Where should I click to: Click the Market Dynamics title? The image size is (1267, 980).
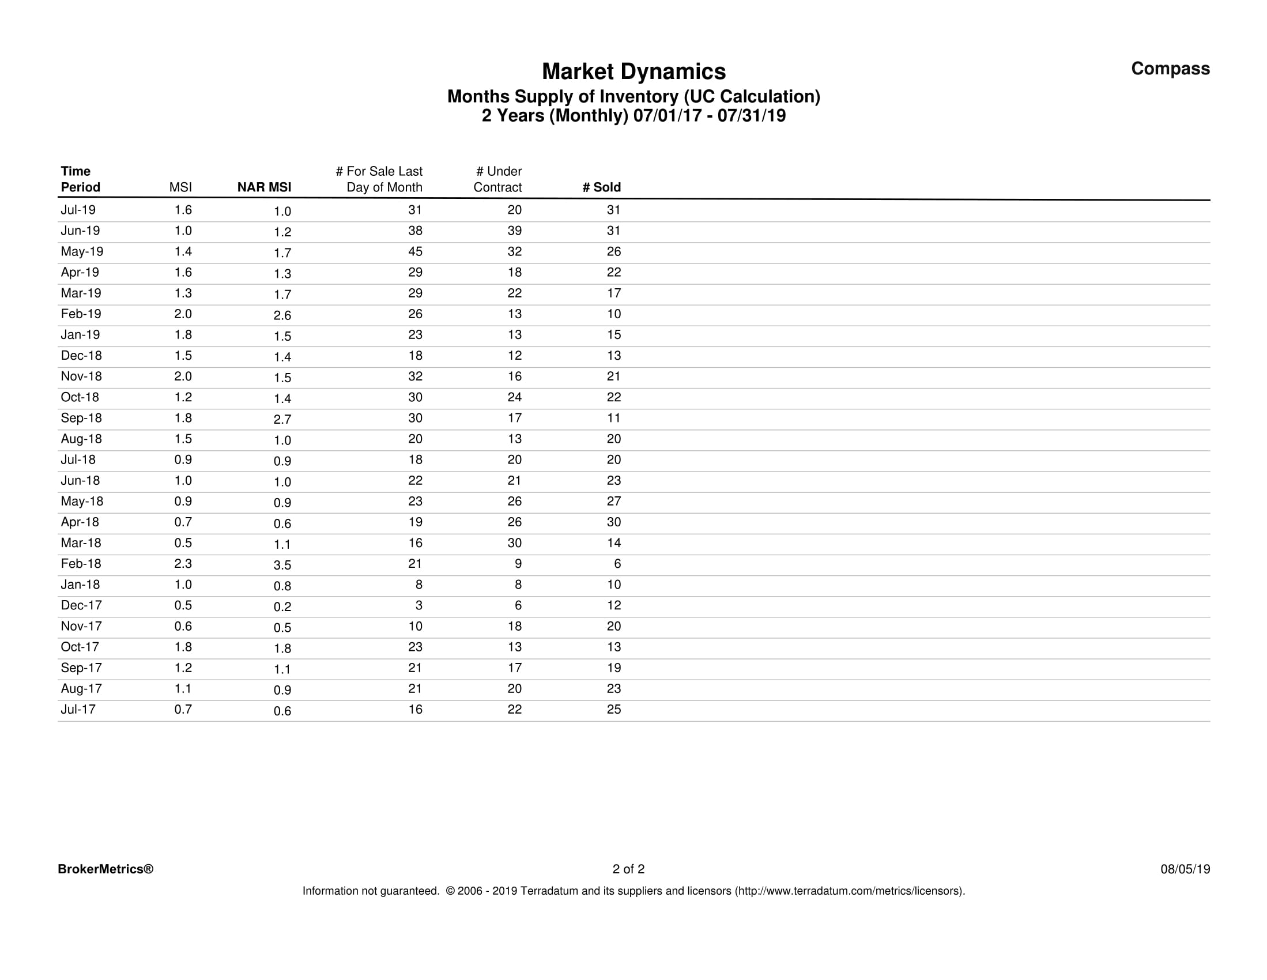coord(633,71)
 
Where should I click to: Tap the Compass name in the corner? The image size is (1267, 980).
coord(1170,69)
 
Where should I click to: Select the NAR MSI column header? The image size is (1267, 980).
coord(264,187)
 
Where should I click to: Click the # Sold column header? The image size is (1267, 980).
coord(602,187)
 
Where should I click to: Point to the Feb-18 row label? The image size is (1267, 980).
coord(81,563)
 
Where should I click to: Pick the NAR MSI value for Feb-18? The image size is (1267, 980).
coord(282,565)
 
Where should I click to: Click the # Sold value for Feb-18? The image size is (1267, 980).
coord(617,563)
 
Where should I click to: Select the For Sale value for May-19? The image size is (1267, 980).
coord(415,251)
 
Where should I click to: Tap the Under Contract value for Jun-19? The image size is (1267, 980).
coord(514,231)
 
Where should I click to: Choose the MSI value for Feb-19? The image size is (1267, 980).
coord(183,314)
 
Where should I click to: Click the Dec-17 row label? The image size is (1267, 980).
coord(81,605)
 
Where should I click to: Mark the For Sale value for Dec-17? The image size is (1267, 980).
coord(418,605)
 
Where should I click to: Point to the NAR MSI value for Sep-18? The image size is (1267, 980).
coord(282,420)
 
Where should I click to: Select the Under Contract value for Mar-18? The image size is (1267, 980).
coord(514,542)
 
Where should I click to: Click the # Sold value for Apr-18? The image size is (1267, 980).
coord(614,522)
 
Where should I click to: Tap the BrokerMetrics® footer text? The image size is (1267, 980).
coord(105,869)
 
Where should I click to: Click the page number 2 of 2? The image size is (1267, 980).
coord(628,869)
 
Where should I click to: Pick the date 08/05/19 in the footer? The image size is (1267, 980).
coord(1185,869)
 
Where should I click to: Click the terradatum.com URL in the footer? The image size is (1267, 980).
coord(849,891)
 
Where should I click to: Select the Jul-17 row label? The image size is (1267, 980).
coord(78,709)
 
